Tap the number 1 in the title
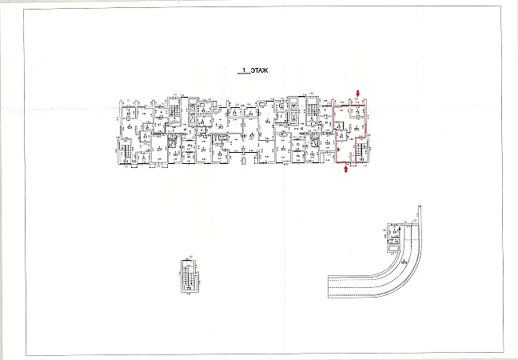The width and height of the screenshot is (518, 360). click(x=243, y=72)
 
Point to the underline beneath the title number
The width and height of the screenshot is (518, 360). click(x=242, y=75)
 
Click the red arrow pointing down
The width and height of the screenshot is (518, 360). click(x=359, y=95)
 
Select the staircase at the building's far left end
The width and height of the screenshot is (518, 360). click(x=125, y=150)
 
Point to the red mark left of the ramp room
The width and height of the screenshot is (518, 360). click(x=385, y=231)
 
